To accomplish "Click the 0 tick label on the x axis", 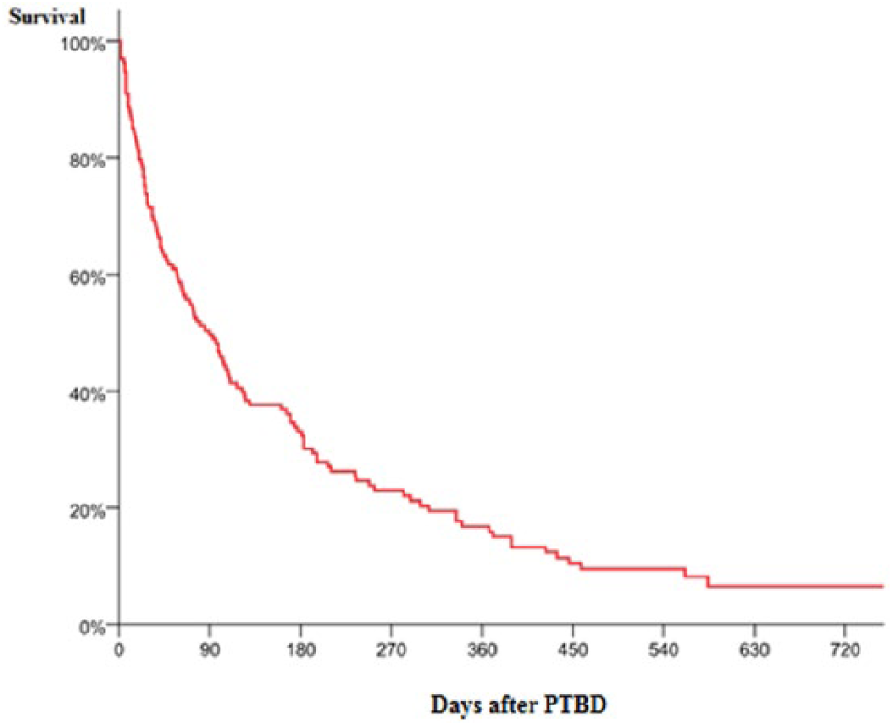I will click(x=120, y=647).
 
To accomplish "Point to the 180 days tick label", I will click(x=301, y=647).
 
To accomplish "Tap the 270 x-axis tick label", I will click(x=391, y=647).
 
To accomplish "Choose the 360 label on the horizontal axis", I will click(x=482, y=647).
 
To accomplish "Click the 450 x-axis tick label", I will click(x=573, y=647).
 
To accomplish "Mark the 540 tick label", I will click(x=663, y=647).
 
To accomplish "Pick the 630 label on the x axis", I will click(x=754, y=647).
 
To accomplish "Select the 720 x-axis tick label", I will click(x=844, y=647).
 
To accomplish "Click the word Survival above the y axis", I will click(x=47, y=15).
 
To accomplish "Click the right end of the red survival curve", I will click(x=882, y=586).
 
